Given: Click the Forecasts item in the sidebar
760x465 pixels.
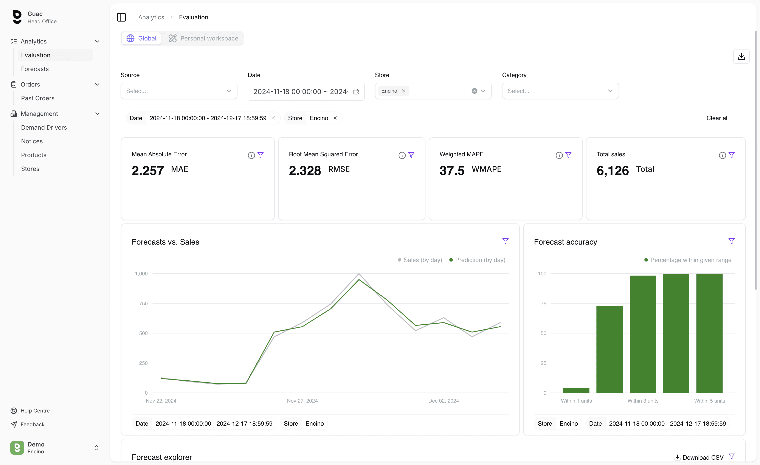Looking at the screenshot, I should [35, 69].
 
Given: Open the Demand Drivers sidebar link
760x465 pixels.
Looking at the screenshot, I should [44, 127].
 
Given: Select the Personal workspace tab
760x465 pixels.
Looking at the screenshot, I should [203, 38].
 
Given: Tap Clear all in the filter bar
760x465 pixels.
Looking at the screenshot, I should [717, 118].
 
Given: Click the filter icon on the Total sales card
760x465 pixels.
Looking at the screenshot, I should [731, 155].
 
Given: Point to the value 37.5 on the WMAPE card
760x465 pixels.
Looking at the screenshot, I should [452, 170].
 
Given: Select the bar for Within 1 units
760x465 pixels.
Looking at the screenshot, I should [576, 390].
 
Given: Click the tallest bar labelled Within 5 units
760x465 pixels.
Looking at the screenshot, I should [709, 333].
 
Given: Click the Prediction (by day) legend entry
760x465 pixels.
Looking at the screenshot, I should [478, 260].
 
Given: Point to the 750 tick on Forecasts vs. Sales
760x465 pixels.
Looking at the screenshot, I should [143, 303].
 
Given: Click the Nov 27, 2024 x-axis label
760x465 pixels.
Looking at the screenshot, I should [302, 401].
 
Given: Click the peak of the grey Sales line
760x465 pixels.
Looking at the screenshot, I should [359, 274].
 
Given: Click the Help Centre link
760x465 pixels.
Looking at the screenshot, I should [35, 410].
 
